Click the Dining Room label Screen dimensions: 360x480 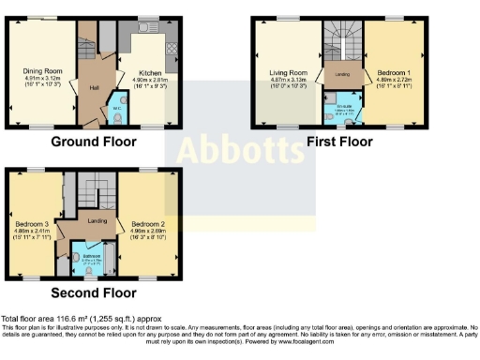(x=41, y=69)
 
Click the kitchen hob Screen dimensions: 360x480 (x=170, y=47)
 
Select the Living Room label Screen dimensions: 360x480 (x=288, y=71)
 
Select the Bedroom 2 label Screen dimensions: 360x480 (x=149, y=224)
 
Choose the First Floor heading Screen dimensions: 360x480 (x=341, y=142)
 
